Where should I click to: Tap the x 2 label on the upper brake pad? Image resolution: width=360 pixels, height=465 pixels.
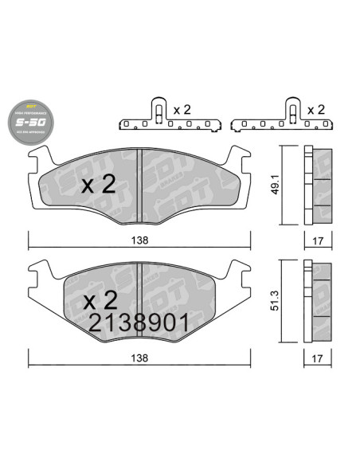(x=100, y=186)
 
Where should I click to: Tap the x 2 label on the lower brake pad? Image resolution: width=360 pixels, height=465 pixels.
(x=100, y=301)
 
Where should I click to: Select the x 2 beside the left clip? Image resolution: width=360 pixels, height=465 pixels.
(x=182, y=109)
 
